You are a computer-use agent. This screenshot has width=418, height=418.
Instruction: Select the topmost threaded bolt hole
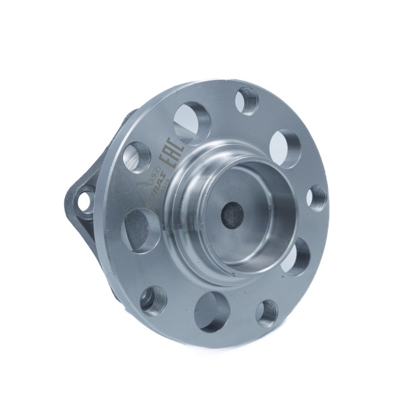247,100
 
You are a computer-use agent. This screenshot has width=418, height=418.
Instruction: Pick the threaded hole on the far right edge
316,198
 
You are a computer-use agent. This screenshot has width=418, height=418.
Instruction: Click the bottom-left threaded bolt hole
153,299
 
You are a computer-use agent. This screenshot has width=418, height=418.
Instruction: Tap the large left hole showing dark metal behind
141,229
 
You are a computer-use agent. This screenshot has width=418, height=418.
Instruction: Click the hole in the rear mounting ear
87,201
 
